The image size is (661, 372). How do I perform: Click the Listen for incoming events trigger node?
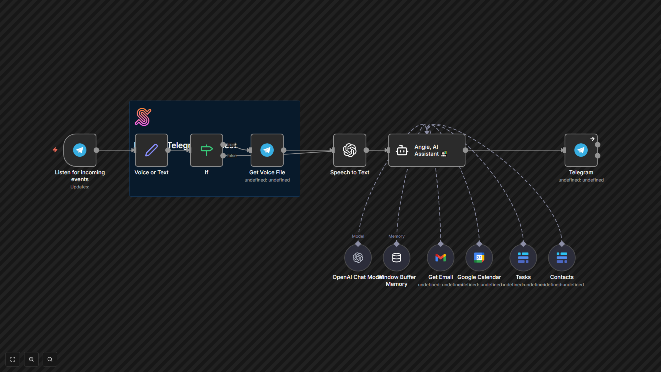80,150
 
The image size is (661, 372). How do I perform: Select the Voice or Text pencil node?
151,150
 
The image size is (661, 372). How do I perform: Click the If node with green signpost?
206,150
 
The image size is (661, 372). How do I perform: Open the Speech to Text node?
349,150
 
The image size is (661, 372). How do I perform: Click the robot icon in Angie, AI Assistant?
402,151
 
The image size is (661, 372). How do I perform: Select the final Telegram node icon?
581,150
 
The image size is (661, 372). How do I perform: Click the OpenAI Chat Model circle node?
358,257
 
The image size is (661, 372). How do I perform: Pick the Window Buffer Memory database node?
396,257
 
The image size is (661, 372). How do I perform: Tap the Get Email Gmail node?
441,257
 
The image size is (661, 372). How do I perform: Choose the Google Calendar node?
479,257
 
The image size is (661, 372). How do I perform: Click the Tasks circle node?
523,257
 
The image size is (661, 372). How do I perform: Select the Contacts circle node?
562,257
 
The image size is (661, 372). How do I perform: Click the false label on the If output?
232,156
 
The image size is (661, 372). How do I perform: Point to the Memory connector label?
396,236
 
